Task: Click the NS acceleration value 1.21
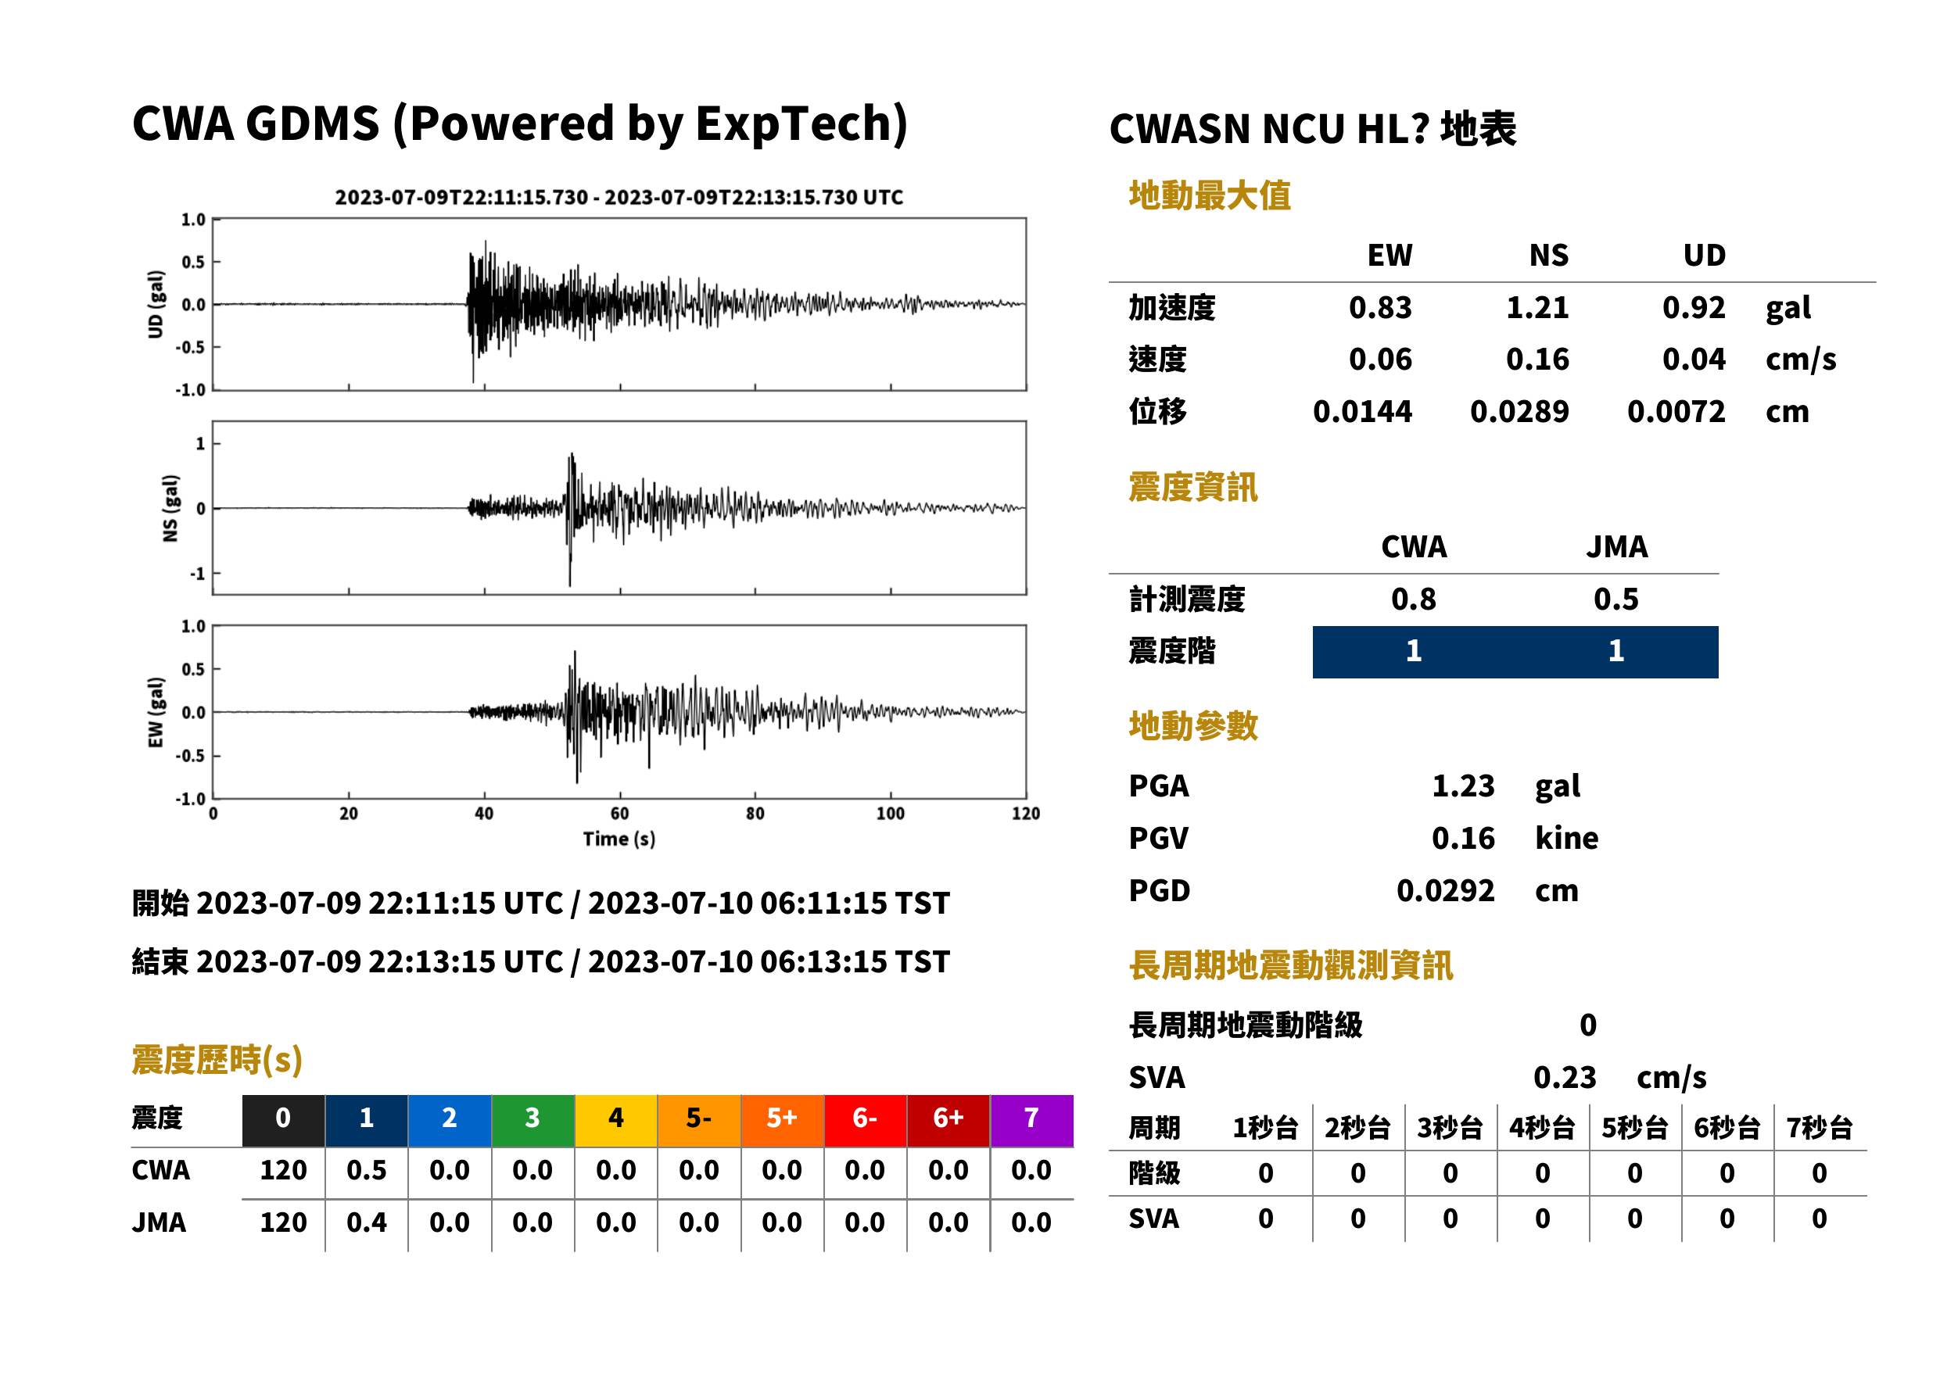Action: (x=1537, y=307)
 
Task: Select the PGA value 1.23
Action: (x=1462, y=786)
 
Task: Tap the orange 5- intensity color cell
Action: (x=699, y=1118)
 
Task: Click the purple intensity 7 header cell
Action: (x=1031, y=1118)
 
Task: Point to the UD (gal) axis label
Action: (x=156, y=305)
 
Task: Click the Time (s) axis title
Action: (x=619, y=839)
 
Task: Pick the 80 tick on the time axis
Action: (x=755, y=814)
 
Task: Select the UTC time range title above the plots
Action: (x=619, y=197)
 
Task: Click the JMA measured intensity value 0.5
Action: (x=1615, y=599)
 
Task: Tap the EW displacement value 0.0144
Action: (x=1362, y=412)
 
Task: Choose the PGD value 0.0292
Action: (x=1445, y=890)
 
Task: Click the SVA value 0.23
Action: (x=1565, y=1077)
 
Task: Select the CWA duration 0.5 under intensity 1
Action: (x=366, y=1170)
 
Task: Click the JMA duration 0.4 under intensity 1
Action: (x=366, y=1222)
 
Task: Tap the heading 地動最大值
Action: (x=1210, y=195)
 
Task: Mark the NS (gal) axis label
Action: (x=170, y=508)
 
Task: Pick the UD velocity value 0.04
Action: (x=1694, y=359)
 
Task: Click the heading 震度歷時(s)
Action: (x=217, y=1060)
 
